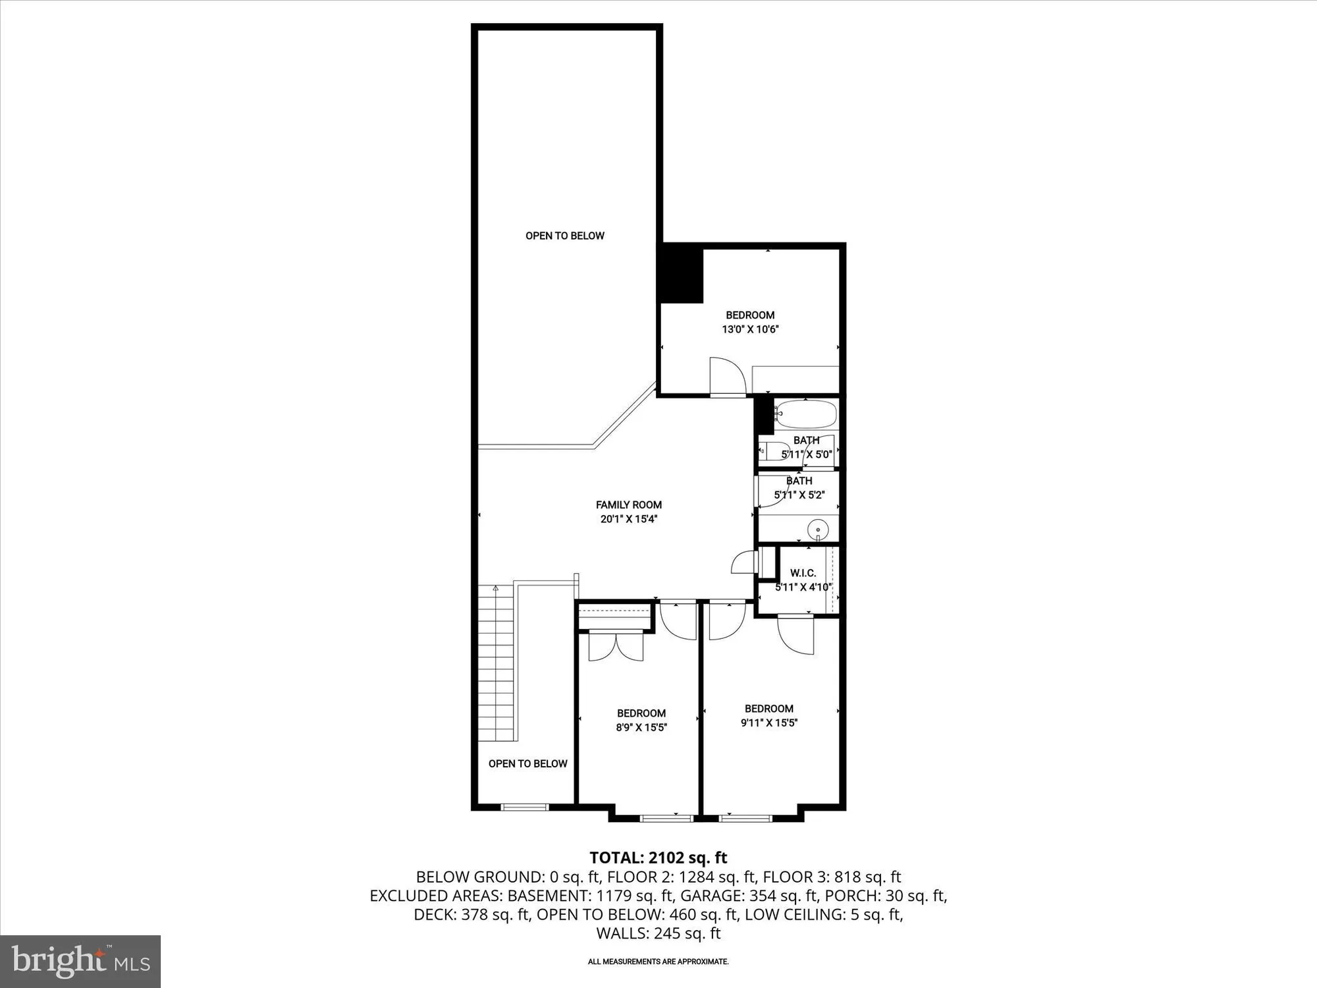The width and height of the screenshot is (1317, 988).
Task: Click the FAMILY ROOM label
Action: coord(628,505)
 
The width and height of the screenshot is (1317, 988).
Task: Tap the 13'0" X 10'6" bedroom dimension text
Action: coord(750,329)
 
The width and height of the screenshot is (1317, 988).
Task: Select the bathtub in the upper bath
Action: coord(805,415)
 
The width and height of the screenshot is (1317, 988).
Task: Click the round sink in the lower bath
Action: coord(818,528)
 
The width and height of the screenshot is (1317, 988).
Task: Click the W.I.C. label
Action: coord(803,573)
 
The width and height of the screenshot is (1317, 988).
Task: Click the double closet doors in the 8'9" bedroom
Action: coord(616,645)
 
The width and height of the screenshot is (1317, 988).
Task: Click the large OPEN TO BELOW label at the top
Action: coord(564,236)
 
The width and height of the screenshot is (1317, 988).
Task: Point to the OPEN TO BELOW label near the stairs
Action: coord(527,763)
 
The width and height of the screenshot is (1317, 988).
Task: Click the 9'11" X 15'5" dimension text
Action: coord(768,723)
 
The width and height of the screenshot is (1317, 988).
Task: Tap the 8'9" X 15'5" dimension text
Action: coord(641,727)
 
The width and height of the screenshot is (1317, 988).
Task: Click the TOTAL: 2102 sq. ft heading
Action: coord(658,858)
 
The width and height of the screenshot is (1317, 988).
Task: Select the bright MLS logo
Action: coord(80,962)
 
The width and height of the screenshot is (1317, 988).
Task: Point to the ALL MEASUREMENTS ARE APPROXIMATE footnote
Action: coord(658,962)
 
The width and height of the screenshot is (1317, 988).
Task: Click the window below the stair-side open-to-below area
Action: coord(525,807)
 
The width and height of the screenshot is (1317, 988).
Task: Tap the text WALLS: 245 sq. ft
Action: coord(658,933)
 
